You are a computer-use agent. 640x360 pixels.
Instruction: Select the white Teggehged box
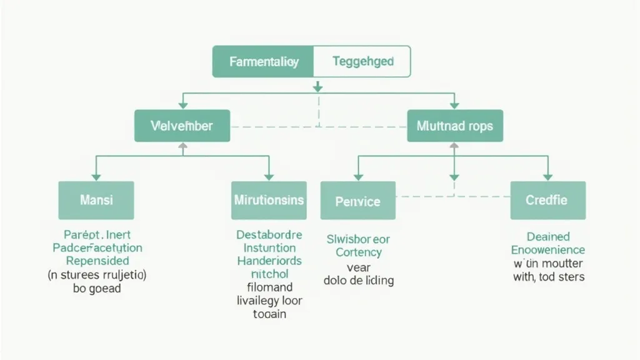[362, 62]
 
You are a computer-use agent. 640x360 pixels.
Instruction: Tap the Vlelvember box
[182, 126]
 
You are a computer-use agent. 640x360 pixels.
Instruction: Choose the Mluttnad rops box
[454, 126]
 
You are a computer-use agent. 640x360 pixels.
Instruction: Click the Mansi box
[96, 200]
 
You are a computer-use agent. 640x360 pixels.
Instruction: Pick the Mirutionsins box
[269, 200]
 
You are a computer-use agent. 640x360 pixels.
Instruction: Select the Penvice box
[357, 201]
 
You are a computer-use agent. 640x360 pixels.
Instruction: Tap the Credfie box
[547, 200]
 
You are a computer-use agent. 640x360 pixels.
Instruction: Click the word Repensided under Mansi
[97, 261]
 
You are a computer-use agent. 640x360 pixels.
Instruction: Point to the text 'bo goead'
[97, 288]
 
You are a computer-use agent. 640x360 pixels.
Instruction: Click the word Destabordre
[269, 235]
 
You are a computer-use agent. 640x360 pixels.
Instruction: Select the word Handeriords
[269, 261]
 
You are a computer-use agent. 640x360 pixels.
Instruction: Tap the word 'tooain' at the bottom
[269, 314]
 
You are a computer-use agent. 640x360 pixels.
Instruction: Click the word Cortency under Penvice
[358, 252]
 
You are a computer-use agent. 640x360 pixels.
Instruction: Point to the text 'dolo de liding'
[358, 280]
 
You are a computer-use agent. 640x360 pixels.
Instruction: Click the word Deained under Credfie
[547, 236]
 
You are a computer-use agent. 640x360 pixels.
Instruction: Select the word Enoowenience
[547, 249]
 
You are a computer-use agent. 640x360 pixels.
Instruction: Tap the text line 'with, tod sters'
[547, 276]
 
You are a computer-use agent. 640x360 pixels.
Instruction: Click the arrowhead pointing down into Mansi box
[96, 177]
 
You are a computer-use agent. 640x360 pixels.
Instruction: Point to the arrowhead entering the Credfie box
[548, 177]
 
